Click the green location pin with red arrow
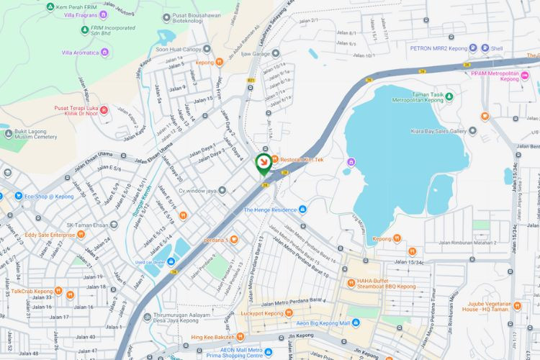tap(264, 163)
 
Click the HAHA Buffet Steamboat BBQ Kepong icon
tap(351, 282)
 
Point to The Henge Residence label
tap(270, 210)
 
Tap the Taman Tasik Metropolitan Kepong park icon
tap(449, 95)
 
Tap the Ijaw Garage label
tap(256, 53)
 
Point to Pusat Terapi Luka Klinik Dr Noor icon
tap(104, 109)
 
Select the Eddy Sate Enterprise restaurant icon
tap(81, 234)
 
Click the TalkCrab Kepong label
tap(32, 292)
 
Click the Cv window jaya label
tap(193, 190)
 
